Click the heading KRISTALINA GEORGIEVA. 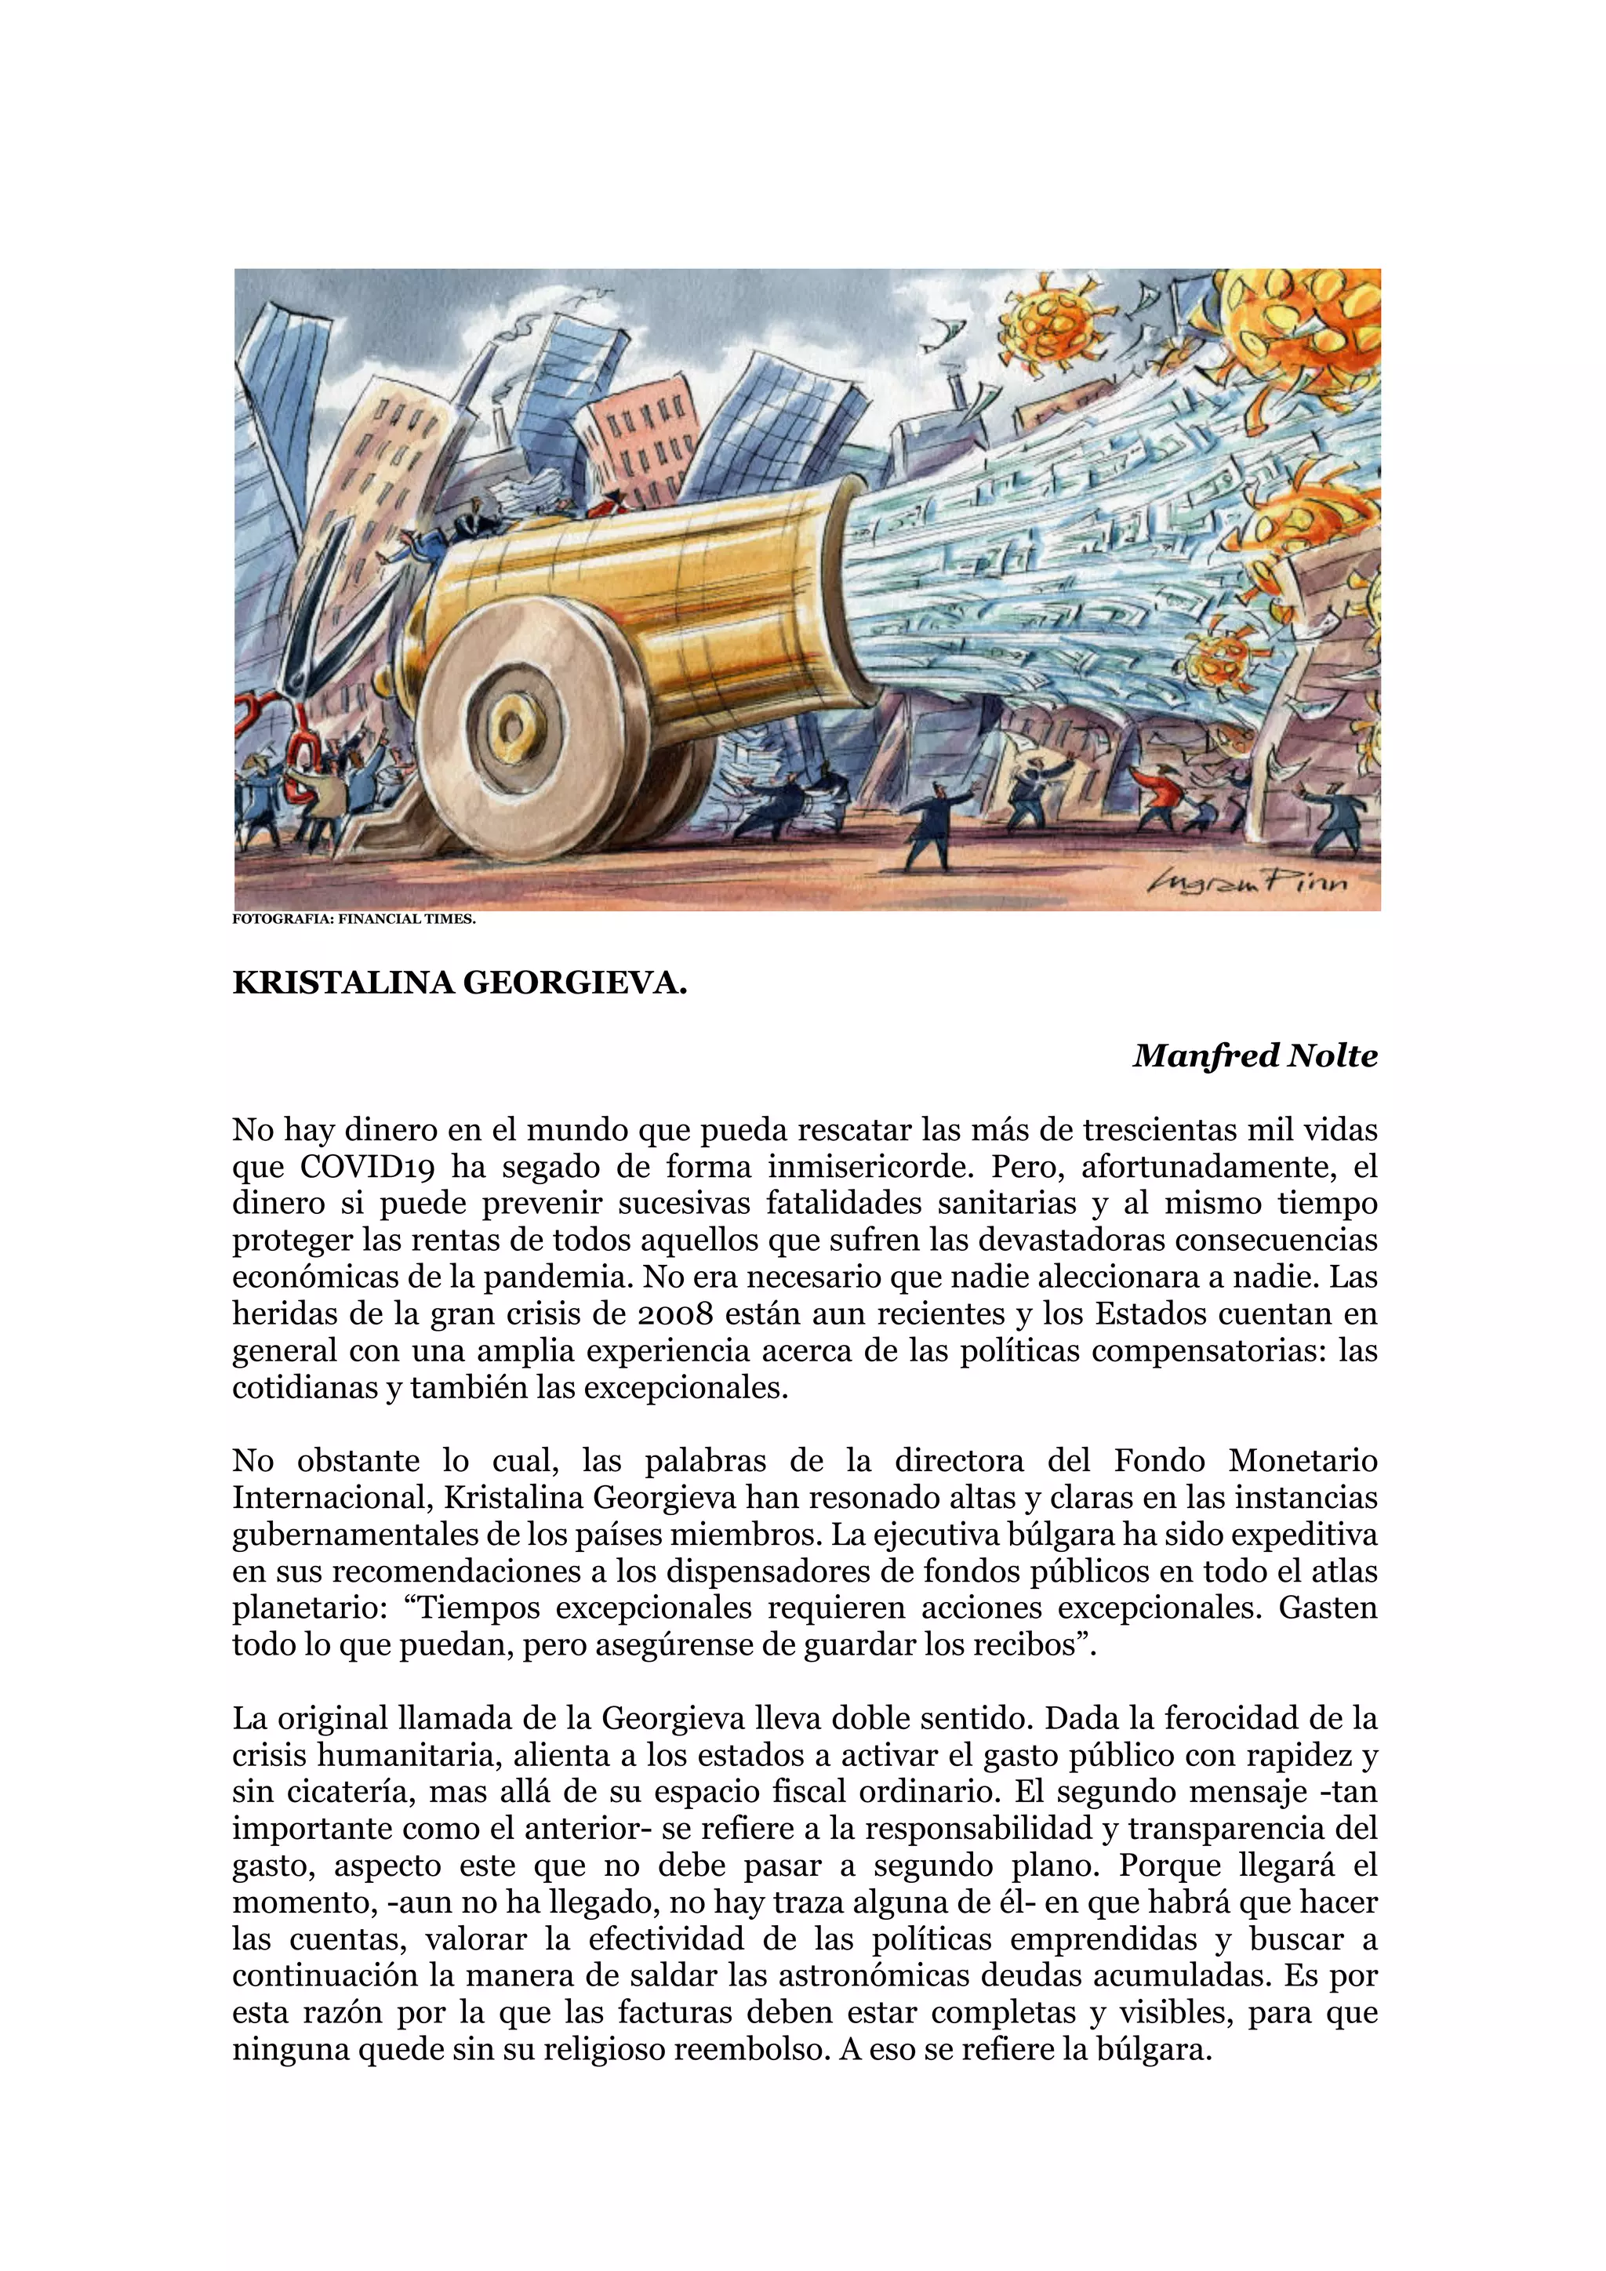pos(460,983)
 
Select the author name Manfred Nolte pos(1255,1056)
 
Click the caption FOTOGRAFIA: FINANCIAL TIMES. pos(354,919)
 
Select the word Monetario pos(1303,1461)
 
